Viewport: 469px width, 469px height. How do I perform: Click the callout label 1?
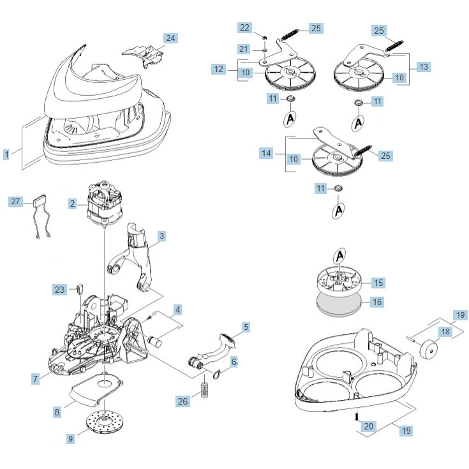[x=6, y=154]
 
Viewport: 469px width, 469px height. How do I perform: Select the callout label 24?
[x=170, y=38]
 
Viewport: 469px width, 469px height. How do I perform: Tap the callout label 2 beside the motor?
[x=73, y=204]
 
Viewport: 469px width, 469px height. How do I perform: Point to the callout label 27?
[x=16, y=202]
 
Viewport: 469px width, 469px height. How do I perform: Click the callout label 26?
[x=183, y=401]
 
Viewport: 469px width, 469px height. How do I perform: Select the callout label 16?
[x=377, y=302]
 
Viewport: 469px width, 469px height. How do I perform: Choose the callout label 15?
[x=378, y=282]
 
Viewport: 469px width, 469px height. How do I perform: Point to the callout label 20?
[x=368, y=426]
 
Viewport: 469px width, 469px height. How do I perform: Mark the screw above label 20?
[x=354, y=416]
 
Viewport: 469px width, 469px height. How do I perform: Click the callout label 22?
[x=245, y=27]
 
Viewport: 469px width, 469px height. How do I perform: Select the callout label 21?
[x=244, y=49]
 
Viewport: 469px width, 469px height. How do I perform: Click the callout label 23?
[x=60, y=290]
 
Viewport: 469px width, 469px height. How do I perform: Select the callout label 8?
[x=57, y=412]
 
